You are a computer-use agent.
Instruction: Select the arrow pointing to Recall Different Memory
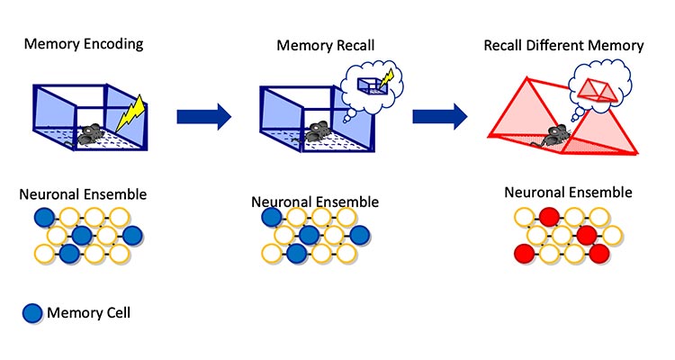click(x=439, y=114)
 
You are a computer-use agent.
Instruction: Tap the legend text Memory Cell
click(x=88, y=313)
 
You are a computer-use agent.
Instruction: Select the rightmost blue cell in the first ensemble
click(x=132, y=236)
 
